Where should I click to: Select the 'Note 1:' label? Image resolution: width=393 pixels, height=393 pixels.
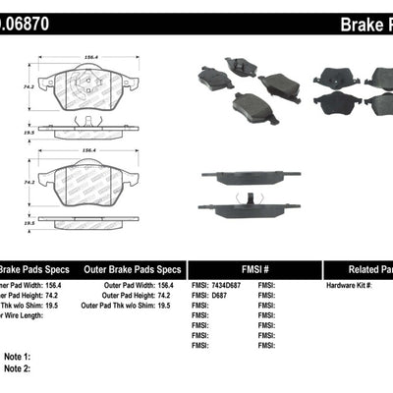(x=18, y=356)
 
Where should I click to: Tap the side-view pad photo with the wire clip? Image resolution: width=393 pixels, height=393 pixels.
(x=253, y=207)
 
